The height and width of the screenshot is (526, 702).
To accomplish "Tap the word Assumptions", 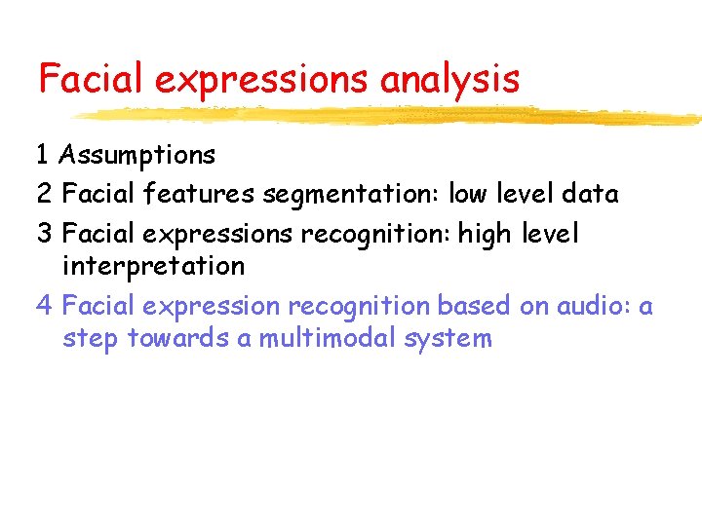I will (x=137, y=155).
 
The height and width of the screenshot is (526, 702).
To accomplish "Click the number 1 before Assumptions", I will (x=43, y=155).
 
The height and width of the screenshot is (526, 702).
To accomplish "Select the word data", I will (x=590, y=194).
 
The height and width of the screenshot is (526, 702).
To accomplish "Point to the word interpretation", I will (x=153, y=265).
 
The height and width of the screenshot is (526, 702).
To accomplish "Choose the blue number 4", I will (x=44, y=306).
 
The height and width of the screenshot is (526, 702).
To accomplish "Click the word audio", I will (x=594, y=306).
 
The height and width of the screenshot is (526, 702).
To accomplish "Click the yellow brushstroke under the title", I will (x=390, y=116).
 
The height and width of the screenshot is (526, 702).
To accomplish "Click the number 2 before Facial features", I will (x=44, y=194).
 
